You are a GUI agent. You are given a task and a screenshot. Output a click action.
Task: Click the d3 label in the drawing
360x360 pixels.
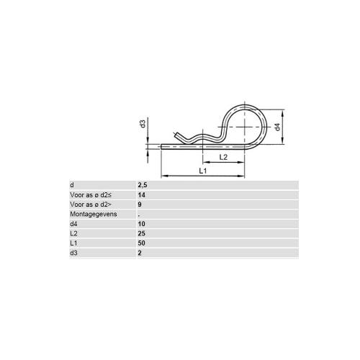click(x=143, y=124)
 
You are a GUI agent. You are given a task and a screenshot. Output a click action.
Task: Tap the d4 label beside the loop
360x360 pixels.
click(x=277, y=127)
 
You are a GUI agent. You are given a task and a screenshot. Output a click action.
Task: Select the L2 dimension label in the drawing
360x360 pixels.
click(x=223, y=157)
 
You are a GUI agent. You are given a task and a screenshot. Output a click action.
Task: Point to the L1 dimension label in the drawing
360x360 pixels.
click(x=203, y=171)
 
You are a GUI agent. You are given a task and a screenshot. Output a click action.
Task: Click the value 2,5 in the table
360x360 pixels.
click(x=143, y=185)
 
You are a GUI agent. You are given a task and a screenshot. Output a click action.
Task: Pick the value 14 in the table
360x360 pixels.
click(x=142, y=195)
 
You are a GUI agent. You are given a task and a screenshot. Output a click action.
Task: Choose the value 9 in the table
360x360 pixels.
click(x=140, y=204)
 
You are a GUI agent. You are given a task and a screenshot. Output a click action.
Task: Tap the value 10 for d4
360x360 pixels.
click(x=142, y=224)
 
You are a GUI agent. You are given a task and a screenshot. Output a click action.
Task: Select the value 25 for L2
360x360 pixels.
click(x=142, y=233)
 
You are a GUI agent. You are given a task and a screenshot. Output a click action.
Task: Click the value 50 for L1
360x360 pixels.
click(x=142, y=243)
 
